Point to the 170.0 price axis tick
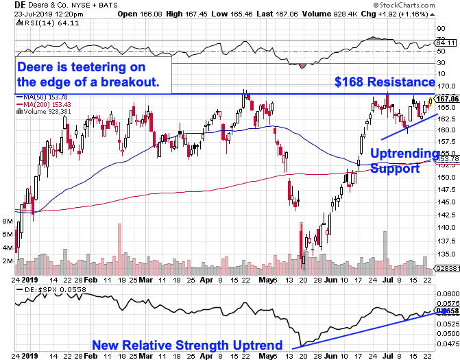447,85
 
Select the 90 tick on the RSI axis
442,29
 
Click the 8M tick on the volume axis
8,222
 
